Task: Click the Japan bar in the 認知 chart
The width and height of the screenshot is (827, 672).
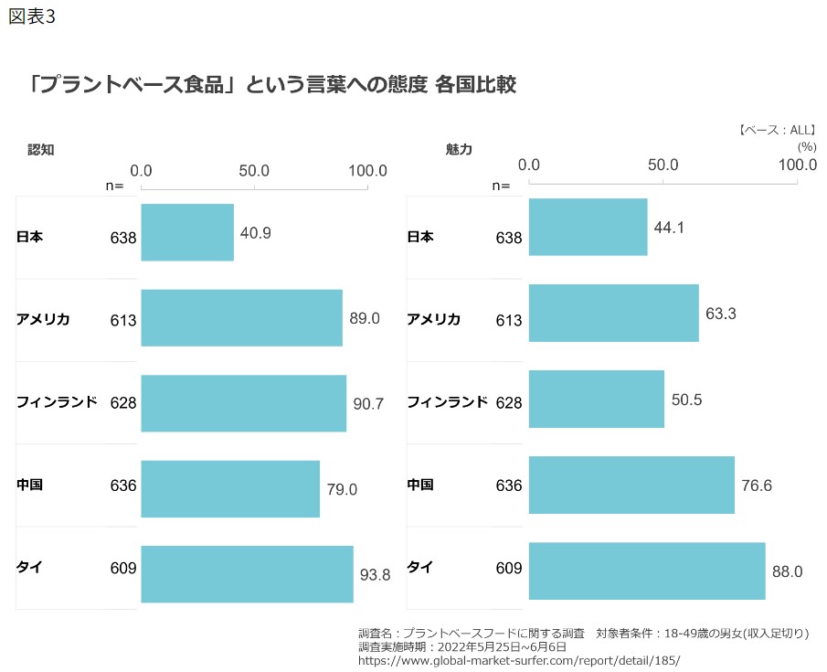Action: (x=187, y=232)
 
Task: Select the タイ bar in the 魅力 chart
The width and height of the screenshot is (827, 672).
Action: (x=647, y=571)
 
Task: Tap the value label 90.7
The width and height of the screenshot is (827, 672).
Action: (x=368, y=402)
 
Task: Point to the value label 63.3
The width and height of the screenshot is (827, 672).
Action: (x=721, y=314)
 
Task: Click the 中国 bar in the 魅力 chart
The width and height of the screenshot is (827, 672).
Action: (x=631, y=485)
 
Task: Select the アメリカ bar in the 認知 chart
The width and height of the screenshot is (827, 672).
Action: (x=241, y=318)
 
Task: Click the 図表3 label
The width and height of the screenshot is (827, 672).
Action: (x=31, y=17)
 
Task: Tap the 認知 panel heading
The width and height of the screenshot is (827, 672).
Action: (x=41, y=149)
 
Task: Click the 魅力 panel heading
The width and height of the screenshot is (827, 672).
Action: (x=458, y=149)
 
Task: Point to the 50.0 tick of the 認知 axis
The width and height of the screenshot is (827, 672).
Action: (x=253, y=171)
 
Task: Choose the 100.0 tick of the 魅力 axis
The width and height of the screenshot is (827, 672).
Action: (x=797, y=165)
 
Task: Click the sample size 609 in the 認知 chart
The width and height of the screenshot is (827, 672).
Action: (x=122, y=568)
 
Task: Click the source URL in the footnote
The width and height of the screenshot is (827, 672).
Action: (x=519, y=660)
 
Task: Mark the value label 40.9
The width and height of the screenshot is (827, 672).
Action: (x=255, y=232)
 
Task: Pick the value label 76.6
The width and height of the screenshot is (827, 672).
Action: (x=756, y=485)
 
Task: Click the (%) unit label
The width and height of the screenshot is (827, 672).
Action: (x=806, y=146)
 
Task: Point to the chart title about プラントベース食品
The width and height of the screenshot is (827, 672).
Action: (x=272, y=85)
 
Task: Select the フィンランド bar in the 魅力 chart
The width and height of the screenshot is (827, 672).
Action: (x=596, y=399)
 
